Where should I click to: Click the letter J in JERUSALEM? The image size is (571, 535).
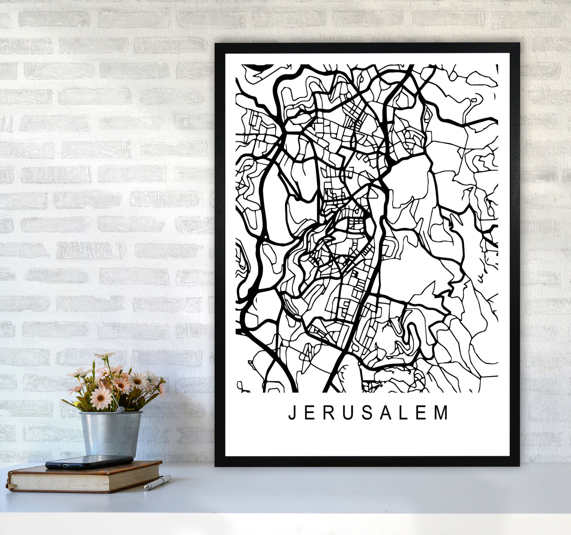292,413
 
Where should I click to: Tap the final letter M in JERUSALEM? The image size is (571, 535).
442,413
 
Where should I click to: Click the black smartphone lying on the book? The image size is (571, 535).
89,462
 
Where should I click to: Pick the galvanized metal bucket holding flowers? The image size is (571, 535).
110,433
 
